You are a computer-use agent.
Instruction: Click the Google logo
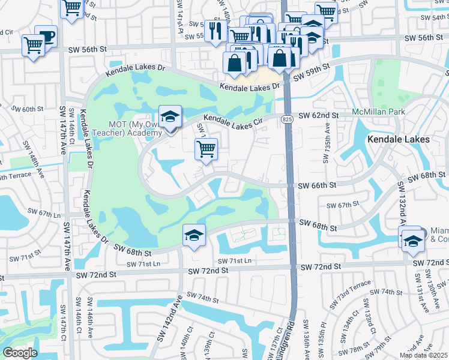[20, 353]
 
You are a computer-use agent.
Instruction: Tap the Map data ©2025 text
[423, 355]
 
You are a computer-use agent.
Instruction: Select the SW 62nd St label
[319, 115]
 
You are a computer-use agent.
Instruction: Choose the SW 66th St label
[319, 187]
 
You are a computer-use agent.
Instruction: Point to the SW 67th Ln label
[44, 213]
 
